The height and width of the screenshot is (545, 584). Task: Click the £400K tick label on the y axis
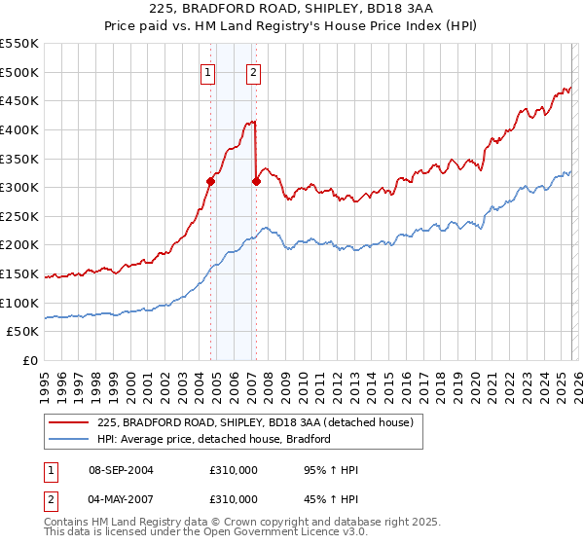19,129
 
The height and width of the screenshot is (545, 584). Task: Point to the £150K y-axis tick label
19,274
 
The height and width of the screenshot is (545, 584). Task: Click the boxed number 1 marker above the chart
208,71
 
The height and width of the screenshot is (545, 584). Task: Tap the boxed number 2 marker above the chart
253,71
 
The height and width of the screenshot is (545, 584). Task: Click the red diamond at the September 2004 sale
211,180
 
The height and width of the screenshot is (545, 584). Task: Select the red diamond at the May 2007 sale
256,180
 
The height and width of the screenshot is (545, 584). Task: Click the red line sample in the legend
69,423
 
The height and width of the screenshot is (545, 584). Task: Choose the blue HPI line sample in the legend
69,439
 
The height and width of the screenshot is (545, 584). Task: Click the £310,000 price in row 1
234,471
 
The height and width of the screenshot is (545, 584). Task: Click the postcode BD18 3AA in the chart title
354,9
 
